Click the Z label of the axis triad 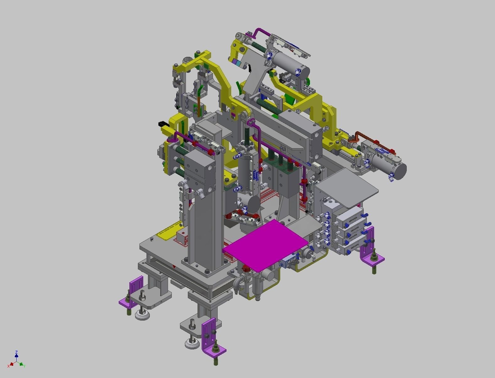[16, 352]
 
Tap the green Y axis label [24, 366]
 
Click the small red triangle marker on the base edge [174, 267]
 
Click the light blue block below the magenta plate [287, 260]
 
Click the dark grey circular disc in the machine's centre [253, 204]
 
